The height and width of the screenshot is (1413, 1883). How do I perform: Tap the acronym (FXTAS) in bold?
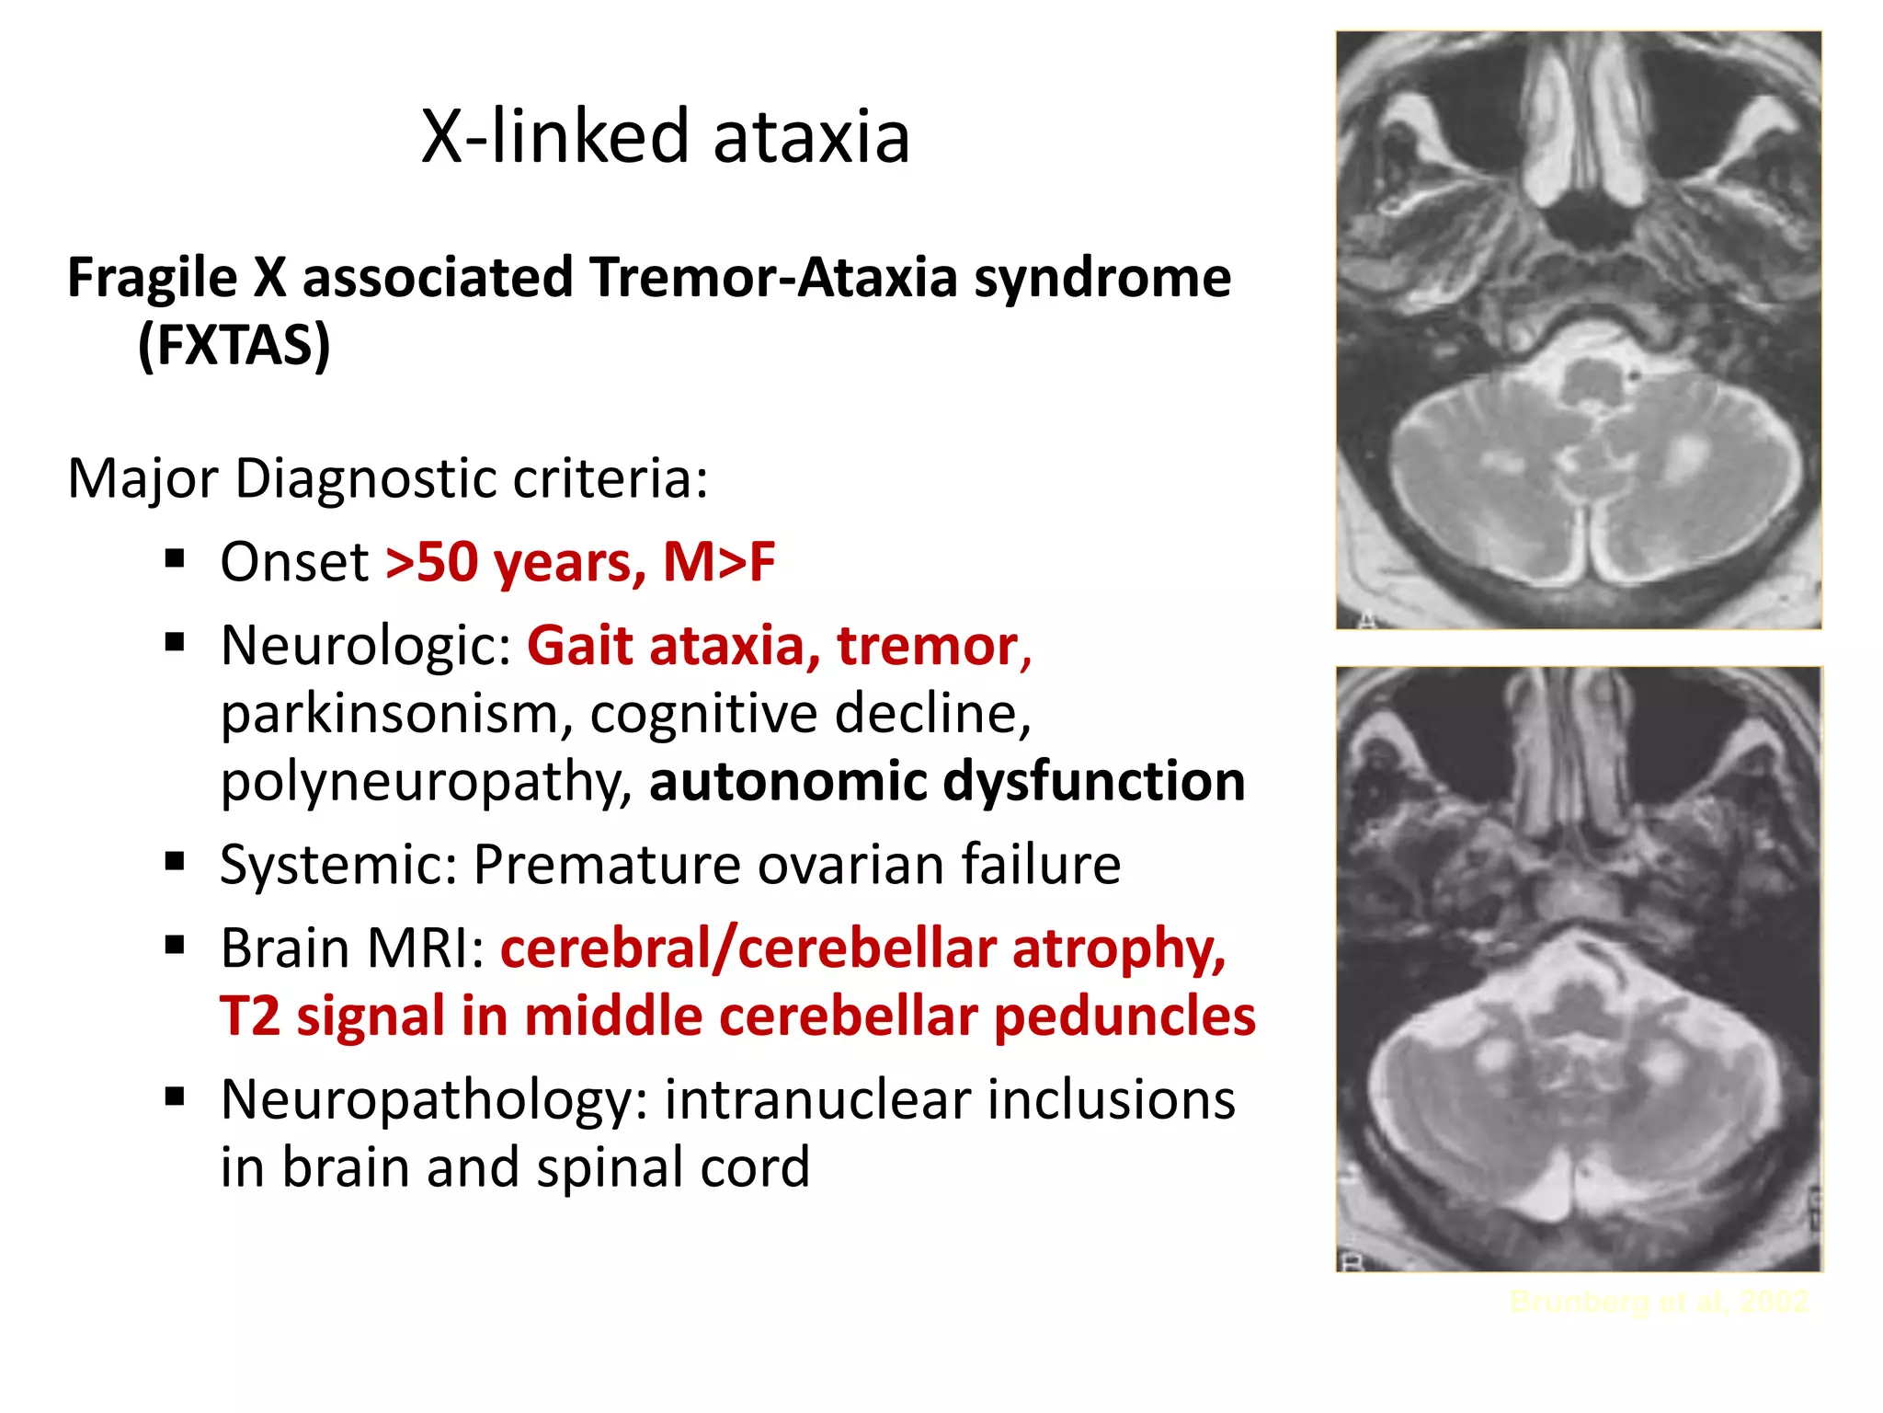(x=234, y=345)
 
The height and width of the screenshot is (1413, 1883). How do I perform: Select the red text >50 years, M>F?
(x=580, y=562)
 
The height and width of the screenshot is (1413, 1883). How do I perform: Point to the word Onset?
(x=294, y=562)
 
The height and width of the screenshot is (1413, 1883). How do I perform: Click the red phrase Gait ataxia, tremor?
(x=778, y=646)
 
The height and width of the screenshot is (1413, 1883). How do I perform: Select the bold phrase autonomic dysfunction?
(x=947, y=781)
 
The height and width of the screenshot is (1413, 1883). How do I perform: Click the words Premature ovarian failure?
(x=796, y=865)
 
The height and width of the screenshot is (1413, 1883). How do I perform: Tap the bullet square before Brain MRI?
(x=175, y=945)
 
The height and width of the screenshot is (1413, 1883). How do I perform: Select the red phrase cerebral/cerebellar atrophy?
(x=862, y=948)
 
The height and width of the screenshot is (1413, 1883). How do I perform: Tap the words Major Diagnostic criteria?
(x=388, y=478)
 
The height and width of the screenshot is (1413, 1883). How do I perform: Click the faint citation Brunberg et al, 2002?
(x=1659, y=1302)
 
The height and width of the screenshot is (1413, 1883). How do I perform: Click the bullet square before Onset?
(x=175, y=558)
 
